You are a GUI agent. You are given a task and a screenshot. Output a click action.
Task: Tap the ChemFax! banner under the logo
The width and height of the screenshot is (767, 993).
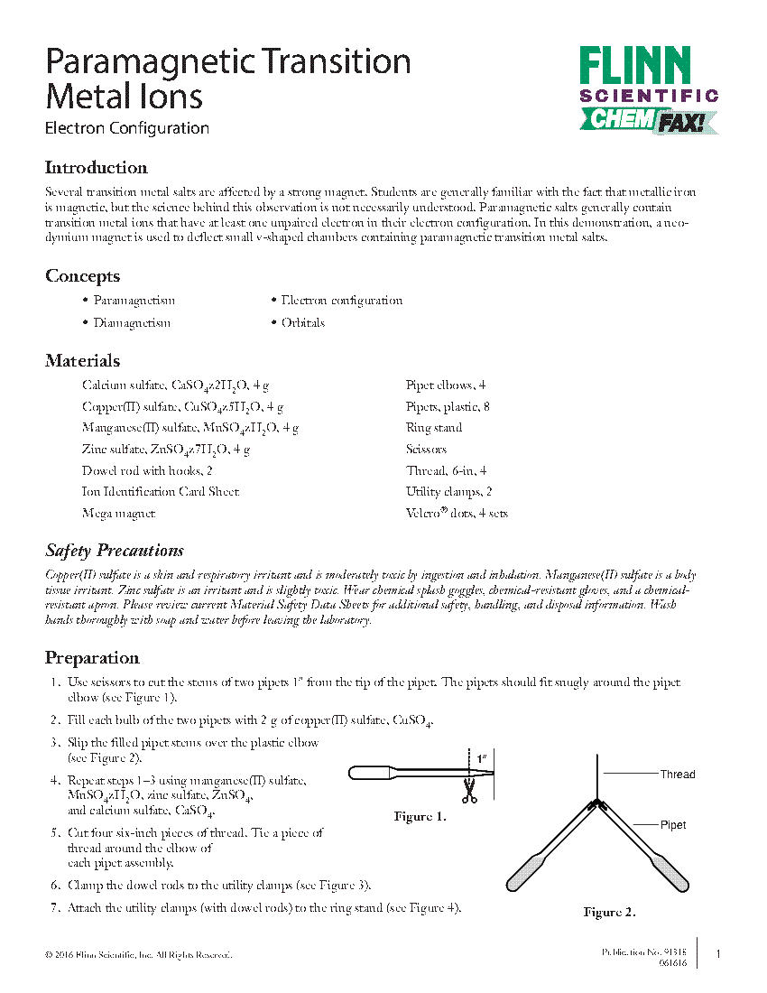(648, 120)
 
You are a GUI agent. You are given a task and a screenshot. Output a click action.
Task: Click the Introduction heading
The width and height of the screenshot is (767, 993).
(96, 168)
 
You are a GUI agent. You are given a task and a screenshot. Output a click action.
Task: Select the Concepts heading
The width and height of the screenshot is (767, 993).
(82, 276)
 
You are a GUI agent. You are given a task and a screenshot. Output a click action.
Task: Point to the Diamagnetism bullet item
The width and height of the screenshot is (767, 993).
(132, 323)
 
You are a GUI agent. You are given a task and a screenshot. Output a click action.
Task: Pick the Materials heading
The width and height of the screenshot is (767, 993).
(82, 361)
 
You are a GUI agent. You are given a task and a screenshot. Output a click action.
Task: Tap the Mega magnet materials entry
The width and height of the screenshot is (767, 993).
(118, 514)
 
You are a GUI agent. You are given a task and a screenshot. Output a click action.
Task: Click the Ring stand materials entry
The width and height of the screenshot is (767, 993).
(433, 428)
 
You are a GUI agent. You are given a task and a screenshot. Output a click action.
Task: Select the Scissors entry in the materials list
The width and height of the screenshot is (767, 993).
(426, 450)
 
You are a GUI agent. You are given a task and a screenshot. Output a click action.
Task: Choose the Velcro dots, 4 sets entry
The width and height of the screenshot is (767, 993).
(457, 514)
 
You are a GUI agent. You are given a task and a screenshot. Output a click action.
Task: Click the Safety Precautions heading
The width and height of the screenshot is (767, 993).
(115, 551)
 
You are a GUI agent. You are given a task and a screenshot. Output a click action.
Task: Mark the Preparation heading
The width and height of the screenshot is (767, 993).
(92, 658)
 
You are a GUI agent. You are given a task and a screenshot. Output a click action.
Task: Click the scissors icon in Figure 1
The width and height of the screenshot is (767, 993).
(468, 793)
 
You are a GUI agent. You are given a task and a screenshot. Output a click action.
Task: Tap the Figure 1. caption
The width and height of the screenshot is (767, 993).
(420, 817)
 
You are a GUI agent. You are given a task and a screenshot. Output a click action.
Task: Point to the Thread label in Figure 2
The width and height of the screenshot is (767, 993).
(677, 775)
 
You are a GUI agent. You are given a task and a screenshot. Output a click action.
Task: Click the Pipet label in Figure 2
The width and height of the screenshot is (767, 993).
(673, 825)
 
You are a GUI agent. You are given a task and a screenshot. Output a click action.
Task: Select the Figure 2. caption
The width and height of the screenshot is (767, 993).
(609, 913)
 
